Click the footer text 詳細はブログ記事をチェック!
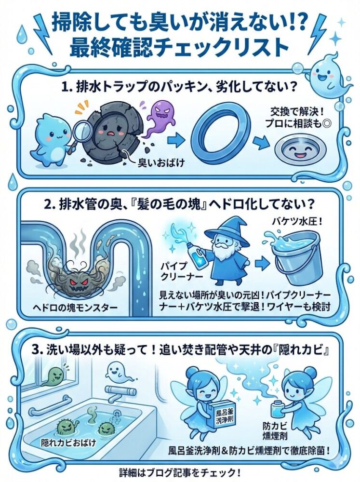click(x=179, y=472)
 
